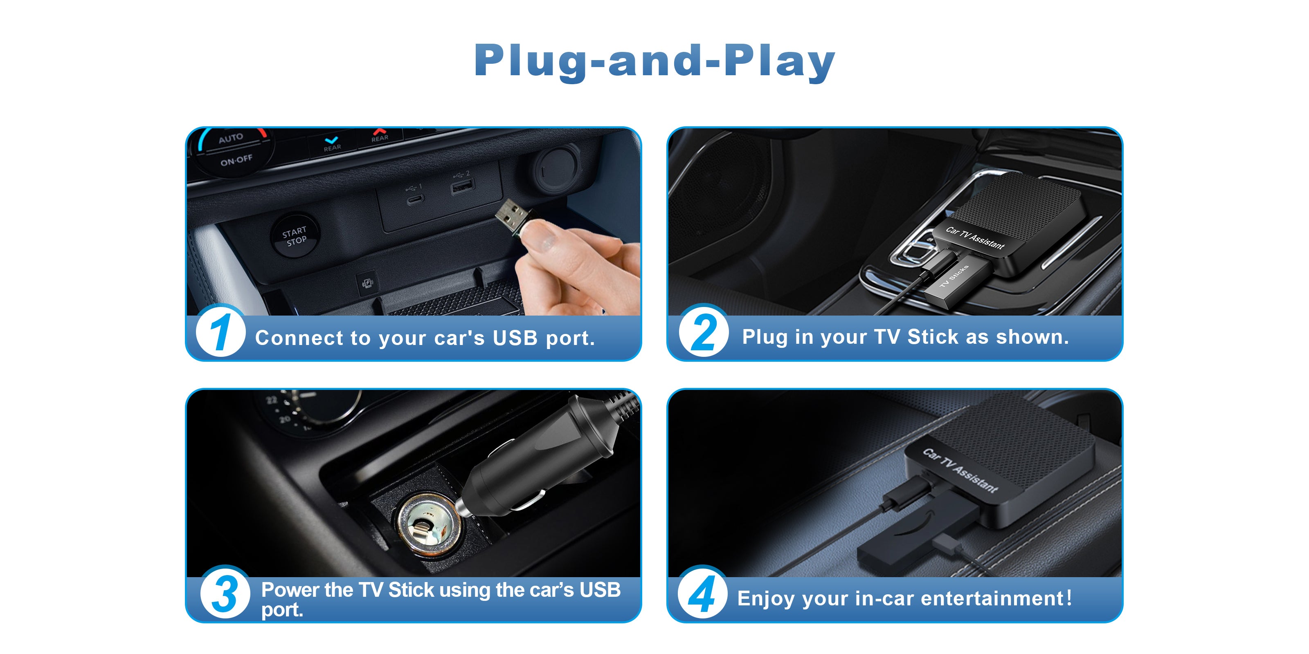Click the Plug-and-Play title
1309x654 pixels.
pos(654,61)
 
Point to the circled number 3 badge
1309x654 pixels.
pos(225,593)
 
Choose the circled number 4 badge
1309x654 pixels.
pos(702,593)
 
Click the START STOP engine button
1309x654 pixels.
pos(295,235)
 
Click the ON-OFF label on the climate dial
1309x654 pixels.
pos(236,161)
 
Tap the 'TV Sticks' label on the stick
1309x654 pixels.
pos(954,276)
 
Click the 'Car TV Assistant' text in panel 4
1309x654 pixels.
pos(960,470)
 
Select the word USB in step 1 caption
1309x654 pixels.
pos(515,338)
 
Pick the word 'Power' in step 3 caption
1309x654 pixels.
pos(290,590)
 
